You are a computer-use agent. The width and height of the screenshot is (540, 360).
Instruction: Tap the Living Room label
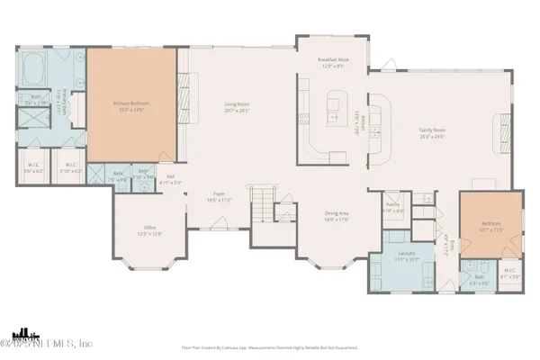[x=236, y=106]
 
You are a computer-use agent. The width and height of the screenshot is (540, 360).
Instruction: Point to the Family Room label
[x=433, y=132]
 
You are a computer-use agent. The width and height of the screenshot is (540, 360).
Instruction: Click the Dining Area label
[x=337, y=215]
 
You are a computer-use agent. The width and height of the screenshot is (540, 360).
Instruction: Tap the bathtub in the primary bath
[x=39, y=67]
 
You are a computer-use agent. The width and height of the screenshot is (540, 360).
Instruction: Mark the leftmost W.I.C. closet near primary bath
[x=33, y=167]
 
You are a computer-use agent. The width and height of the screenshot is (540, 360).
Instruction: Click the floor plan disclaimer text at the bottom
[x=270, y=346]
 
